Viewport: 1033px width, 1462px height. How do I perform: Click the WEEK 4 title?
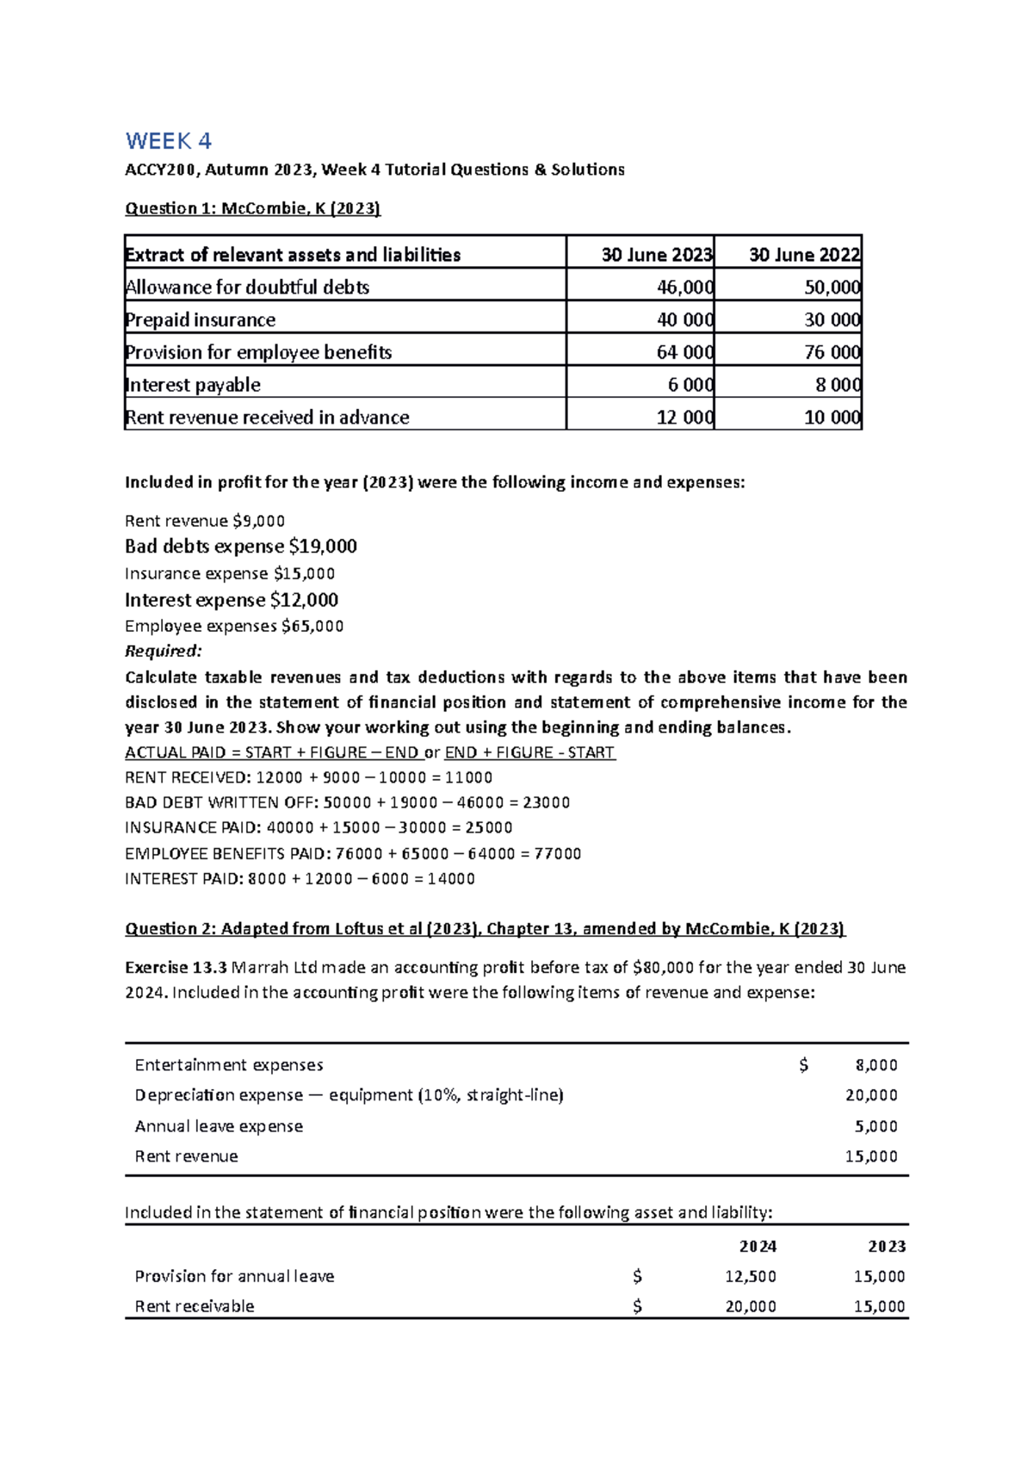click(168, 141)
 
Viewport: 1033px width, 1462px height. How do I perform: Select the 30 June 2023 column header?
click(656, 255)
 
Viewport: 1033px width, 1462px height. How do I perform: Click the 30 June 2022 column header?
click(804, 255)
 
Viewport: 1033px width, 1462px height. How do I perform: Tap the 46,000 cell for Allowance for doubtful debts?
click(684, 288)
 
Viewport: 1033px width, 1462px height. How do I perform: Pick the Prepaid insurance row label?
click(200, 320)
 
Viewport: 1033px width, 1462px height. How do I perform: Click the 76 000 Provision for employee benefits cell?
click(832, 352)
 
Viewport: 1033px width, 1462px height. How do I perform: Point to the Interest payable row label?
click(192, 385)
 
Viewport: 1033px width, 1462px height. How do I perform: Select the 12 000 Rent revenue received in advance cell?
click(684, 418)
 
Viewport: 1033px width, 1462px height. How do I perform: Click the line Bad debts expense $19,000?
click(240, 547)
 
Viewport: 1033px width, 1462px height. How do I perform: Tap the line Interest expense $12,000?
click(231, 600)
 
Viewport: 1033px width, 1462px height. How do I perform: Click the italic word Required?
click(163, 651)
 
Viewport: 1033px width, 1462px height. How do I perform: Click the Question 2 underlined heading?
click(485, 929)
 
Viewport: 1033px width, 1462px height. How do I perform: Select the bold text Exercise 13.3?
click(176, 968)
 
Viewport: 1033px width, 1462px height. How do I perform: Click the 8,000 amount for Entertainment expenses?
click(875, 1066)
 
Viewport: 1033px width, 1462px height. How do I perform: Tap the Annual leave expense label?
click(219, 1127)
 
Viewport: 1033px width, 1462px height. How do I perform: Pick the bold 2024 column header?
click(758, 1247)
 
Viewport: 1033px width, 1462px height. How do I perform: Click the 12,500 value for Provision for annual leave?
click(750, 1277)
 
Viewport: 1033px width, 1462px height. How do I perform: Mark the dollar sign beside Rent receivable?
click(637, 1307)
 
